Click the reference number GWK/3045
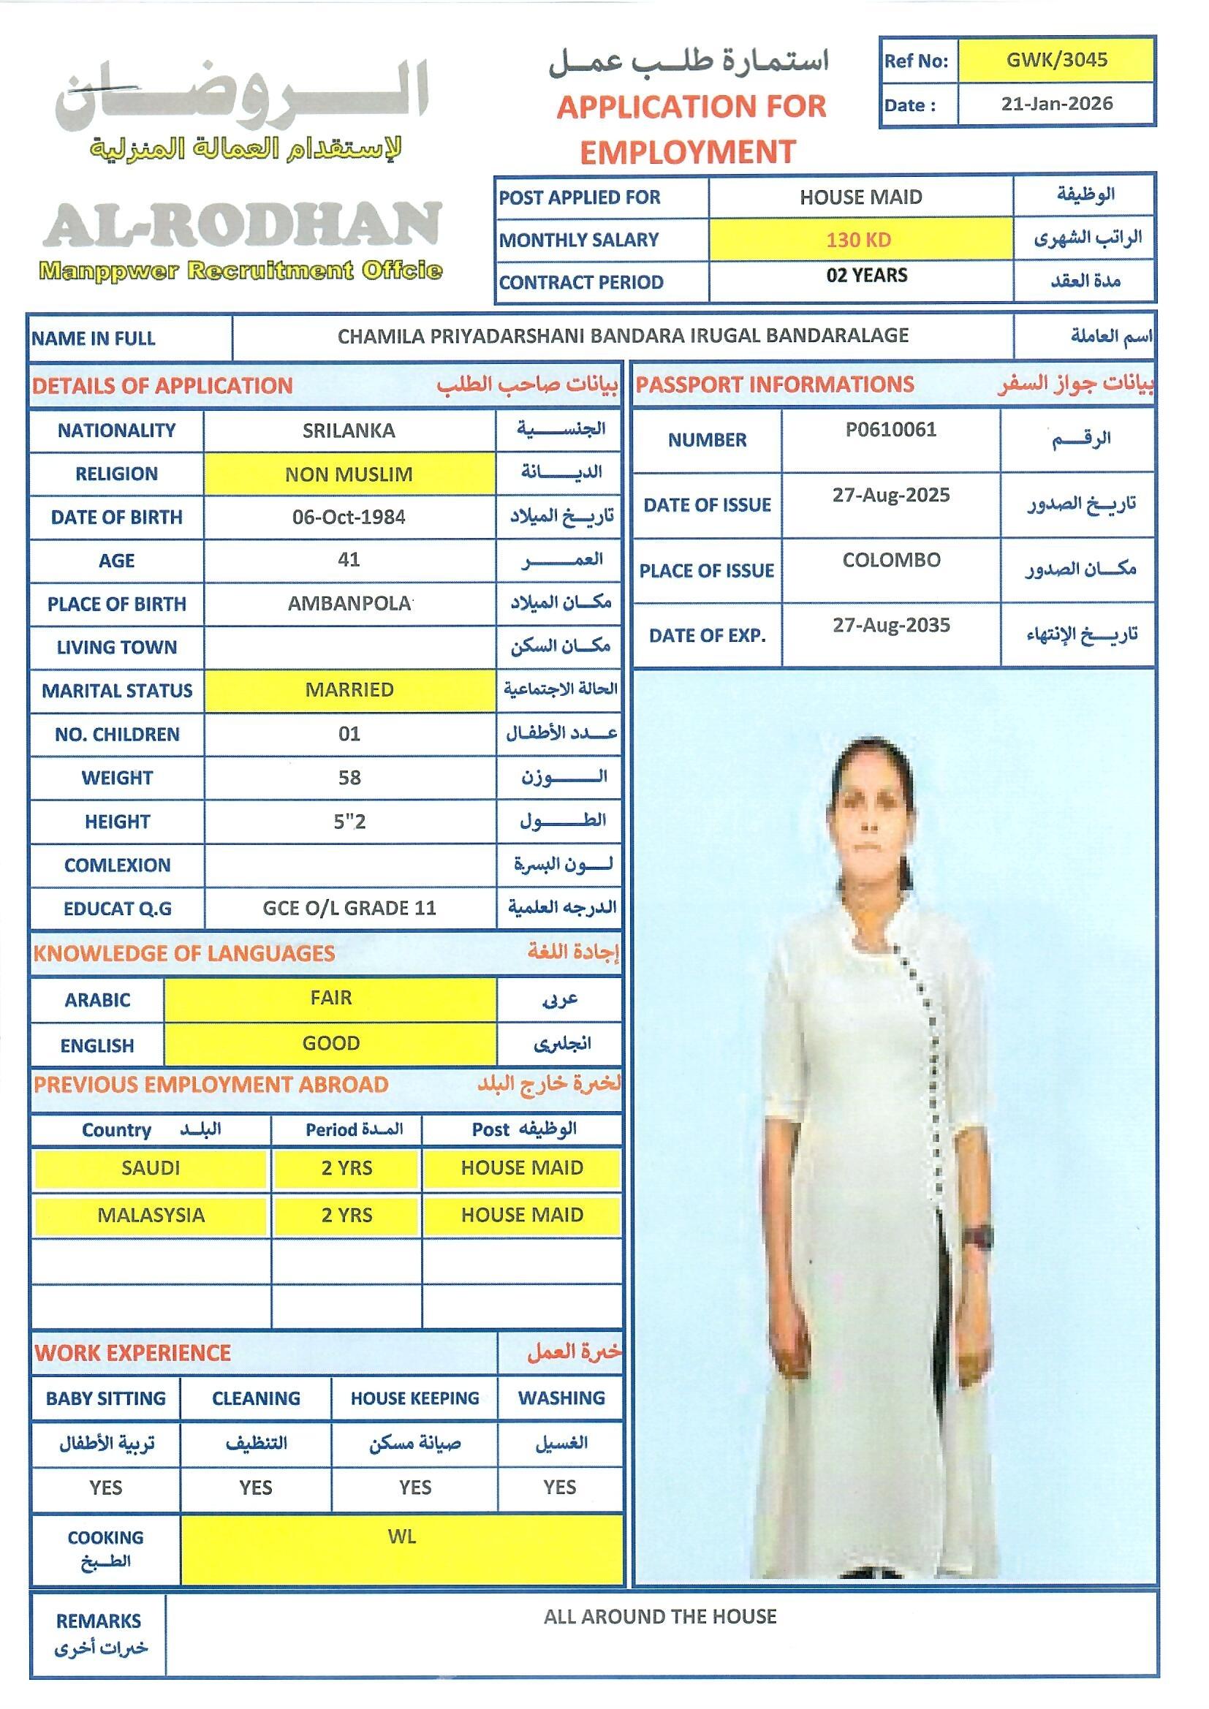(x=1056, y=60)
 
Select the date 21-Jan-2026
(x=1056, y=104)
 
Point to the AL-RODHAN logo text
(x=243, y=226)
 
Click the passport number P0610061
(x=890, y=430)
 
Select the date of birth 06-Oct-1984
(x=349, y=518)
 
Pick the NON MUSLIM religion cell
(x=349, y=474)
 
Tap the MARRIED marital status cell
(x=349, y=690)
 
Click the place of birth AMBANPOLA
(x=349, y=604)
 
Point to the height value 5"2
(x=349, y=822)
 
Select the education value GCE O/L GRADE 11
(x=349, y=908)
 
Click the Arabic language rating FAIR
(x=330, y=999)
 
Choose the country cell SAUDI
(x=151, y=1168)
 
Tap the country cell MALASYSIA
(x=151, y=1215)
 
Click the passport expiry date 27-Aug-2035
(x=891, y=625)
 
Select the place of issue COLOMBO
(x=891, y=560)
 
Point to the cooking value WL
(x=402, y=1536)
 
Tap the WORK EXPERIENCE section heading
(x=132, y=1353)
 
